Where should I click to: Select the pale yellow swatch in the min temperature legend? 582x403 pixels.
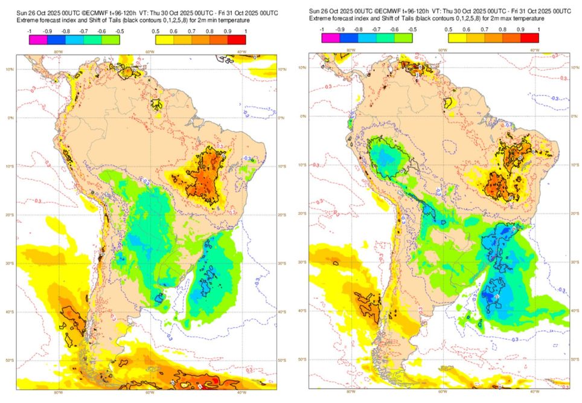(x=162, y=40)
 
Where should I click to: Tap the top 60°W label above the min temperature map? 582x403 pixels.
(x=148, y=51)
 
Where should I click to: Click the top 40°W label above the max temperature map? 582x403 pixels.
(x=534, y=50)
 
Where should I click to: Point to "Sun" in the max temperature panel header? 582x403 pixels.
(x=314, y=11)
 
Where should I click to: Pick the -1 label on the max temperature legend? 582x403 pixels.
(x=323, y=28)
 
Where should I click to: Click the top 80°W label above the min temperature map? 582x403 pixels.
(x=57, y=51)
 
